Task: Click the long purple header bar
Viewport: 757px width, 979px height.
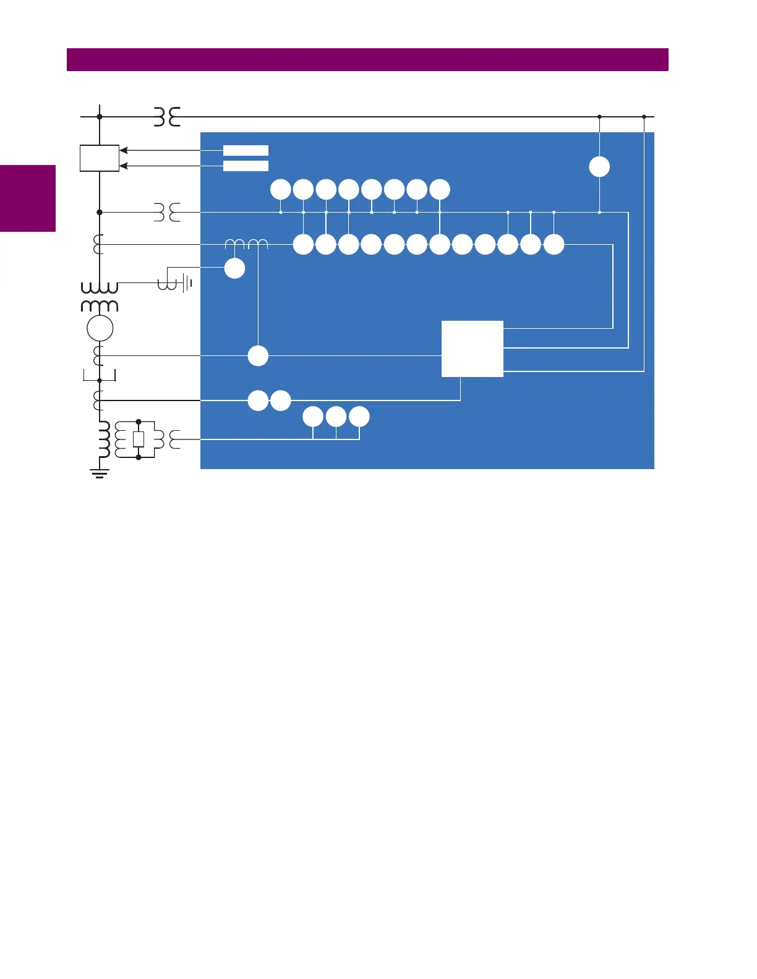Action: coord(367,59)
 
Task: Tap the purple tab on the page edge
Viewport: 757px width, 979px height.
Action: coord(28,198)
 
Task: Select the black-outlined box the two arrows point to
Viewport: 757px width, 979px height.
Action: coord(100,158)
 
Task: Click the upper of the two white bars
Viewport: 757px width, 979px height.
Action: coord(246,150)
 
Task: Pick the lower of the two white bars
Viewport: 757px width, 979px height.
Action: coord(246,166)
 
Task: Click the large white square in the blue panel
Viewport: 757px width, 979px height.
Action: coord(472,349)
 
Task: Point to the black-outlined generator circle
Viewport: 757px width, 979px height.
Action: coord(100,328)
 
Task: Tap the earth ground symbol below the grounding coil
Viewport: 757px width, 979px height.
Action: coord(100,474)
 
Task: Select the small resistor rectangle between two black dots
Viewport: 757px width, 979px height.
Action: coord(139,439)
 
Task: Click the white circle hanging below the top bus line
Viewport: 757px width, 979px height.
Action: coord(599,167)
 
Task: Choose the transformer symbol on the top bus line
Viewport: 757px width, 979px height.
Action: coord(167,116)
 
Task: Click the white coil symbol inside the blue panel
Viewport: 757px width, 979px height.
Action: coord(246,245)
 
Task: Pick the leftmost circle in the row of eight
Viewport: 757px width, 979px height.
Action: coord(281,190)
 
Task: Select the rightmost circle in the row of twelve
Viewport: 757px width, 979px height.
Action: coord(554,245)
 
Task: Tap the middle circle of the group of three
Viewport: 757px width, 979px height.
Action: coord(336,417)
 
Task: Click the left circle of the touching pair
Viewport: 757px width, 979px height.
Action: coord(258,400)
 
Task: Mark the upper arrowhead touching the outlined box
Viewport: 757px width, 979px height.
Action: coord(123,150)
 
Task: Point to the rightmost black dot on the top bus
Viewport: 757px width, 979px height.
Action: coord(644,116)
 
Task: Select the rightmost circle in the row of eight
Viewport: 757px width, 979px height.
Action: coord(440,190)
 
